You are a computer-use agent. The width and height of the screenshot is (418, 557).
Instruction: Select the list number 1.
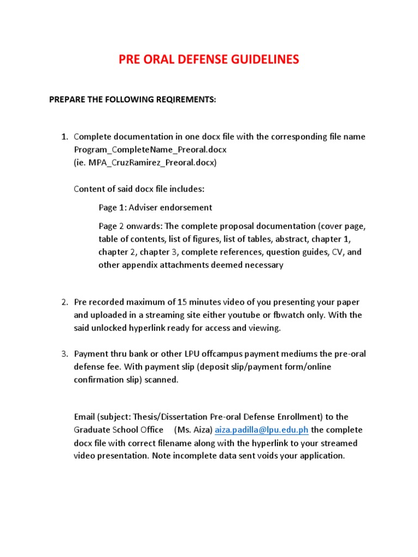pyautogui.click(x=64, y=137)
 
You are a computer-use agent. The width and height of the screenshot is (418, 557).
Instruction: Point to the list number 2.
pyautogui.click(x=64, y=302)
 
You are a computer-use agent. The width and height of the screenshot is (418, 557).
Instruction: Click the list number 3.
pyautogui.click(x=64, y=354)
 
